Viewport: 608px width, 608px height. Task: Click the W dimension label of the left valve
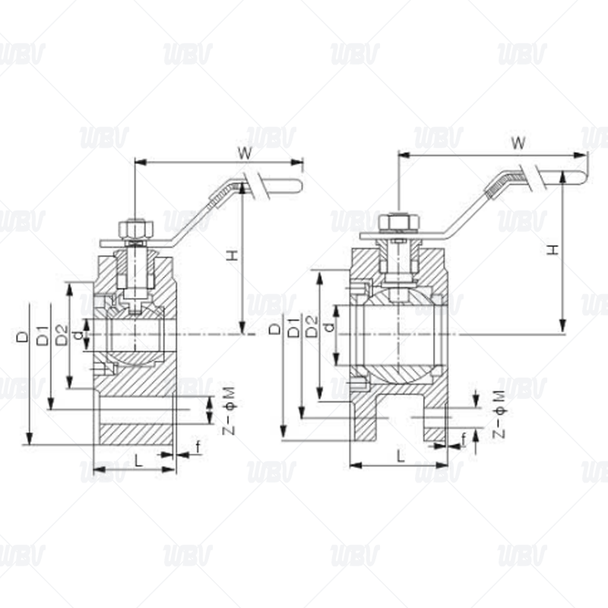pos(245,154)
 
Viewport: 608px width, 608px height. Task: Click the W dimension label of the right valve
pos(518,143)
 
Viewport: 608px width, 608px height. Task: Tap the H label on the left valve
pos(232,255)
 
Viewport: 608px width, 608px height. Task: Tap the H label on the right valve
pos(554,249)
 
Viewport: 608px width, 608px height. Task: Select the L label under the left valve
pos(138,461)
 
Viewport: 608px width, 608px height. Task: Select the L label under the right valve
pos(401,455)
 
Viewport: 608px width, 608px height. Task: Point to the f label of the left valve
pos(198,447)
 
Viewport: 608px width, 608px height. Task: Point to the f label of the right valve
pos(464,440)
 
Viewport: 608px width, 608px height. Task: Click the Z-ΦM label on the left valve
pos(230,410)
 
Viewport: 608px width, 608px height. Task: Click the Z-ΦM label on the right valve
pos(499,414)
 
